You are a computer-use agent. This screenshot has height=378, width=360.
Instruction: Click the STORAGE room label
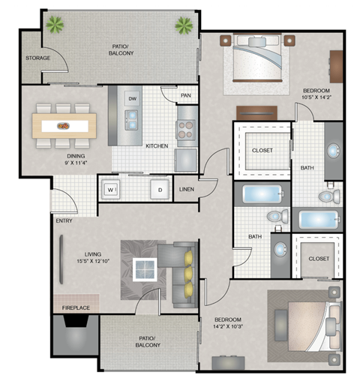(37, 57)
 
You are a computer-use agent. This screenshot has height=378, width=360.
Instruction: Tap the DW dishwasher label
(132, 98)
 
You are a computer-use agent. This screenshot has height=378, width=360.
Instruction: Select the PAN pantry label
(185, 96)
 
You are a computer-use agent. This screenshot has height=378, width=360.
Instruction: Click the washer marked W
(110, 190)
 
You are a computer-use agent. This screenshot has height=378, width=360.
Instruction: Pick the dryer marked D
(159, 190)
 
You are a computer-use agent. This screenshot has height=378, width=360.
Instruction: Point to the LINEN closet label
(186, 190)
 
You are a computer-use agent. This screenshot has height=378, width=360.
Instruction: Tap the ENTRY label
(63, 221)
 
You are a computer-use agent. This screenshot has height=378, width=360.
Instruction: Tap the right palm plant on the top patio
(183, 25)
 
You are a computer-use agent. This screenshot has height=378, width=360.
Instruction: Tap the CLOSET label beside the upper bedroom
(262, 150)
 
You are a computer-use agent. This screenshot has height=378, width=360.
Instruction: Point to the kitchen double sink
(132, 116)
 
